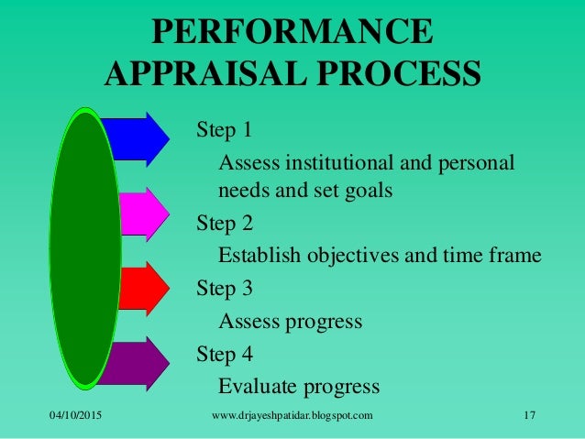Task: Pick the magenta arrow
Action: tap(143, 213)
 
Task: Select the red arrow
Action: tap(143, 287)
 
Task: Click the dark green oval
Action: tap(85, 247)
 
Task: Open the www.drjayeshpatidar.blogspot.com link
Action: tap(292, 417)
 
